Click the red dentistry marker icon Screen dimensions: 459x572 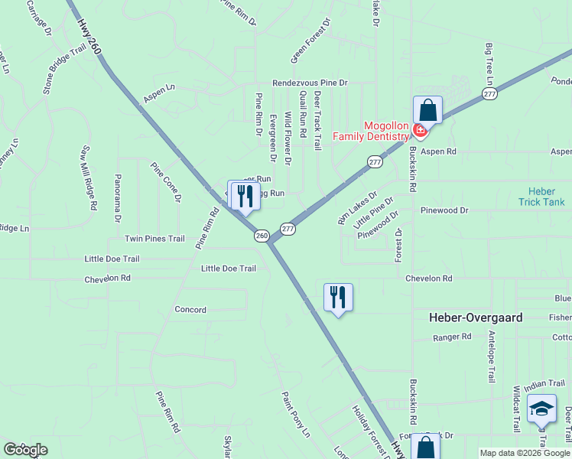click(418, 130)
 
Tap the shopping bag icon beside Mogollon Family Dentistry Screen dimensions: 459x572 click(427, 110)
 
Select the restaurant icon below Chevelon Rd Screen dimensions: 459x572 click(338, 297)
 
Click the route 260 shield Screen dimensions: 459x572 click(262, 236)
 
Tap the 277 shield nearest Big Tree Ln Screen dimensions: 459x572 click(489, 93)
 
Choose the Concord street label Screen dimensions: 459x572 click(190, 310)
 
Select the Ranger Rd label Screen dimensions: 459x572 click(451, 337)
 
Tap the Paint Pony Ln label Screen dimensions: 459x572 click(295, 415)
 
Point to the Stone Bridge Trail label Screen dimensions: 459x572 click(64, 69)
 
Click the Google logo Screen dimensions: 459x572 click(25, 450)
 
